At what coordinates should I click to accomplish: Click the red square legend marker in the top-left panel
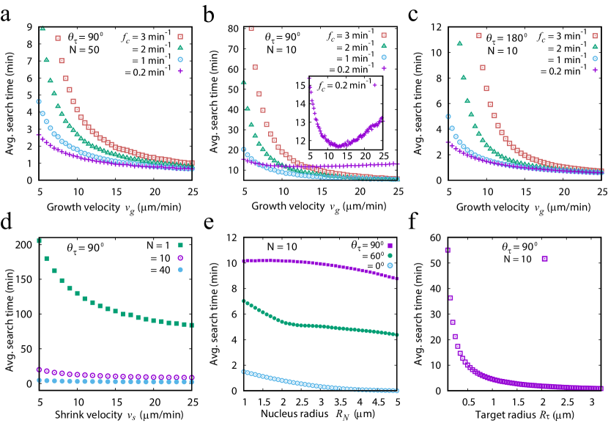coord(180,37)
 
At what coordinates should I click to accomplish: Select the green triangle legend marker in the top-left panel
coord(180,48)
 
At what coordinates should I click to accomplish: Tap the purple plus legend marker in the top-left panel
coord(180,71)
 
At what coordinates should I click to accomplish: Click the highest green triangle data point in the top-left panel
coord(42,28)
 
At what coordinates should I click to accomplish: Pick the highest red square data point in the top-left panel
coord(58,39)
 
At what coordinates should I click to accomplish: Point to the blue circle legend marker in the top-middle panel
coord(384,57)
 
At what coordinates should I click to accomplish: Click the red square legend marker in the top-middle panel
coord(384,35)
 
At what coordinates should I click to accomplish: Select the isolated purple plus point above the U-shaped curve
coord(375,85)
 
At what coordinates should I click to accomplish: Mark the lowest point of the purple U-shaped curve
coord(338,146)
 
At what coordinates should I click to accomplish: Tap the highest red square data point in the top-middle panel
coord(251,29)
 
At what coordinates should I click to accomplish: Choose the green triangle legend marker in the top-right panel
coord(595,46)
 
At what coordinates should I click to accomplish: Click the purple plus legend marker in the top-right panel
coord(595,70)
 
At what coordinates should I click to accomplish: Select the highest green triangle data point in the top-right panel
coord(459,43)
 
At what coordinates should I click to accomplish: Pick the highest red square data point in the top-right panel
coord(479,35)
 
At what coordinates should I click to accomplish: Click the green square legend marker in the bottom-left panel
coord(180,246)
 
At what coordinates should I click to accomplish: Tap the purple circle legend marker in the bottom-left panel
coord(180,257)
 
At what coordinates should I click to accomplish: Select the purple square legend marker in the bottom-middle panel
coord(390,246)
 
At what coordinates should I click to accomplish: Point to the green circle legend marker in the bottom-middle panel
coord(390,255)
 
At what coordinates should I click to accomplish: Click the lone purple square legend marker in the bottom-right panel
coord(544,258)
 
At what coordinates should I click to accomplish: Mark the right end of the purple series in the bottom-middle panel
coord(396,279)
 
